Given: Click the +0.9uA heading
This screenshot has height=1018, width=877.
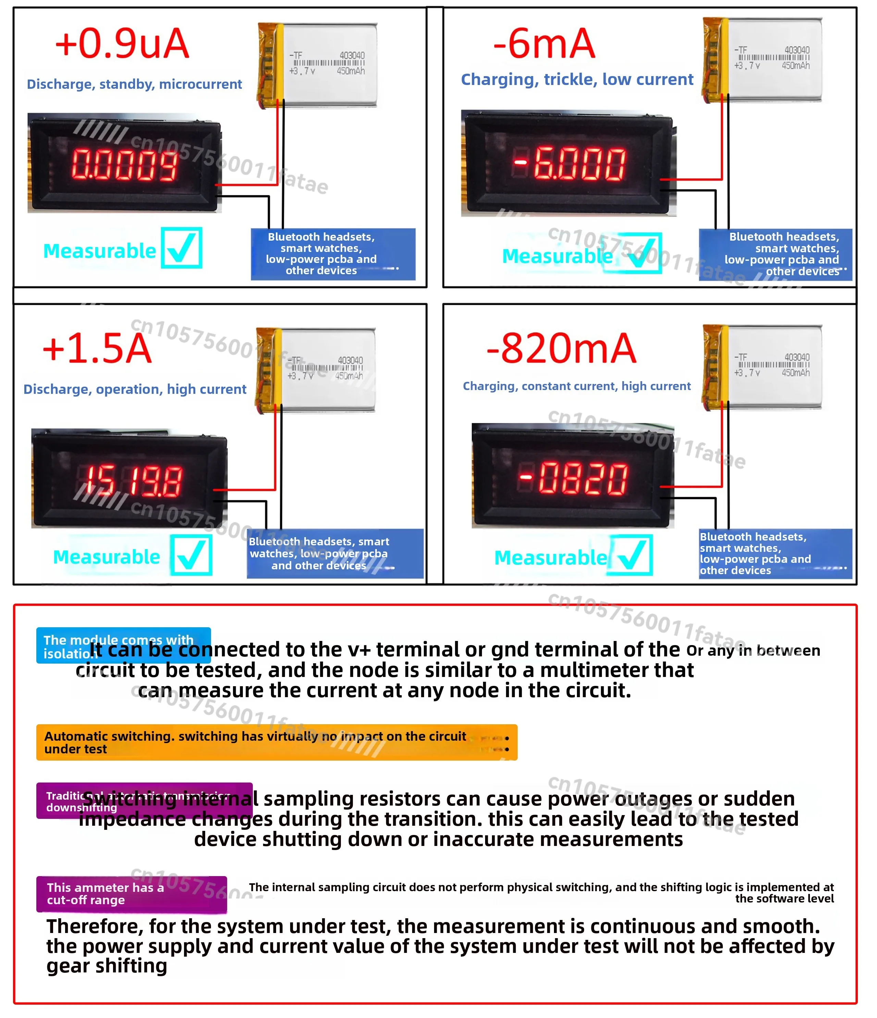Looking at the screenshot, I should pyautogui.click(x=122, y=44).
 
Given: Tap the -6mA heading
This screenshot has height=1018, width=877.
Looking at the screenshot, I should pyautogui.click(x=544, y=44).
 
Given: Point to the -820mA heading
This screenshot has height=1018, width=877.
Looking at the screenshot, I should pyautogui.click(x=561, y=348).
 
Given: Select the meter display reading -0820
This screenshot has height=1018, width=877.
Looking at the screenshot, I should pyautogui.click(x=573, y=478).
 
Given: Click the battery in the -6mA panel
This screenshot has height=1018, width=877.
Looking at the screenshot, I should pyautogui.click(x=762, y=60).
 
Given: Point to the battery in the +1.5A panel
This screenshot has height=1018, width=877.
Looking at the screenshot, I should pyautogui.click(x=316, y=370).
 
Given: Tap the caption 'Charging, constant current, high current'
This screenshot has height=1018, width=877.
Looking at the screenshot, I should pyautogui.click(x=577, y=386).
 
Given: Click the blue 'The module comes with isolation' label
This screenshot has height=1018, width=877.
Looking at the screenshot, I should pyautogui.click(x=123, y=645).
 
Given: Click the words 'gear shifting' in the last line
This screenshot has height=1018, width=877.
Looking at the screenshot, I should pyautogui.click(x=107, y=966).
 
